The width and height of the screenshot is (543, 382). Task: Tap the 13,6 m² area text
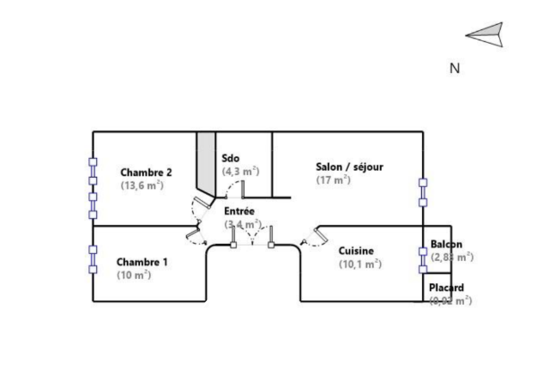(142, 185)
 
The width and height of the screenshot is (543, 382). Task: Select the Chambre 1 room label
(142, 261)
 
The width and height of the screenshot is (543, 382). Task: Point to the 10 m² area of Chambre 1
(134, 275)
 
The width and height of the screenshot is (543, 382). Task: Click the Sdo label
(230, 158)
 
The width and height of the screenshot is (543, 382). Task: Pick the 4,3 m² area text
(237, 171)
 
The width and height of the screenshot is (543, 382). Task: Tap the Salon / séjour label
(349, 167)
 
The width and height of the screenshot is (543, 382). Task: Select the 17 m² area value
(333, 180)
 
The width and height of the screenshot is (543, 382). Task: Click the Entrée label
(238, 210)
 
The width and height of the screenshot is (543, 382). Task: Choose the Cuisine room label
(356, 251)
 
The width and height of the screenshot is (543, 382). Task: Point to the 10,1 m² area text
(360, 264)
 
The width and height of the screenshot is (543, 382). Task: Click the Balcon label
(446, 244)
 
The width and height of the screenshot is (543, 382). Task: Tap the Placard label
(446, 288)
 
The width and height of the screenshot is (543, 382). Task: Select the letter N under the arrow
(456, 69)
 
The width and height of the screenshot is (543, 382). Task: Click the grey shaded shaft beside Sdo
(206, 163)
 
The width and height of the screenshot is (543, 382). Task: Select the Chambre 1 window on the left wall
(93, 259)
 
